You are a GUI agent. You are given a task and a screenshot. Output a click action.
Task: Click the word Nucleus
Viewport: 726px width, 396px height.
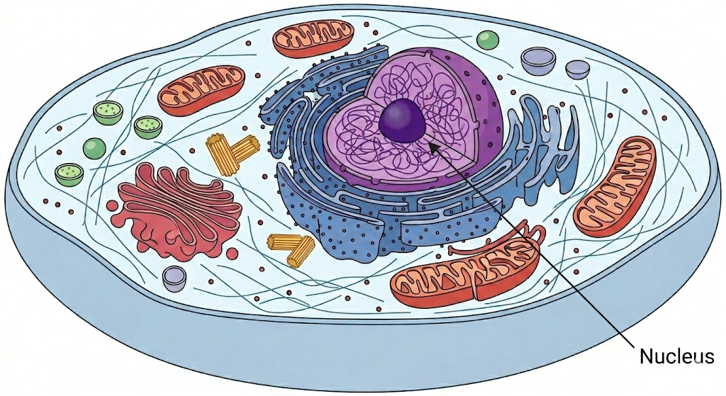click(x=676, y=356)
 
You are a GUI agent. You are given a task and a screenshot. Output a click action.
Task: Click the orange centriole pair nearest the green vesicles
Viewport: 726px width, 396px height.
click(x=233, y=153)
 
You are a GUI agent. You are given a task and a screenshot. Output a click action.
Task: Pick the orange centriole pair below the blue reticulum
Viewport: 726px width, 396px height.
click(x=291, y=249)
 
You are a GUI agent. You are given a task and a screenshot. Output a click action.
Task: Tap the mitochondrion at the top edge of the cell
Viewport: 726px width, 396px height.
click(x=313, y=38)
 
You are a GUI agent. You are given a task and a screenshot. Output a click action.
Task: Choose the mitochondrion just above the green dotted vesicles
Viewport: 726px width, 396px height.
click(x=201, y=91)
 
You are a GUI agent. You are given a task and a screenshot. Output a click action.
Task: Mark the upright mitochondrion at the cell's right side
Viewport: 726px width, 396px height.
click(x=615, y=186)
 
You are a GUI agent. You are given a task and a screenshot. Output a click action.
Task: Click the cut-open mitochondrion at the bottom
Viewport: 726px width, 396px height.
click(x=465, y=276)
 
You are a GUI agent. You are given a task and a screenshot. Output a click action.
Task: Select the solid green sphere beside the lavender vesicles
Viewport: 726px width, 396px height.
click(x=488, y=40)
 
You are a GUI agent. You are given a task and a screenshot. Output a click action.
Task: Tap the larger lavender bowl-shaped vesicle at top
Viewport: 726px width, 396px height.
click(x=538, y=60)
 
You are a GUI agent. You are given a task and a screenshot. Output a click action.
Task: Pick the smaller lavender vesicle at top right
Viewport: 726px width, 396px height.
click(x=577, y=69)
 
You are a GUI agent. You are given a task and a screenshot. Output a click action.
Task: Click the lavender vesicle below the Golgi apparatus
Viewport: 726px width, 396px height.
click(x=174, y=278)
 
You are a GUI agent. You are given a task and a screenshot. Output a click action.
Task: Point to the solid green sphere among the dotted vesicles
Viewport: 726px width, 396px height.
click(x=94, y=149)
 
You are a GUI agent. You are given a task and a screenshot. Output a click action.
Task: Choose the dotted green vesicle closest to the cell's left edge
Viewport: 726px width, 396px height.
click(x=69, y=175)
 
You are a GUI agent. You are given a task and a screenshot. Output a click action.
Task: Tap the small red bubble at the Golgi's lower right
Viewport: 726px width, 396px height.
click(x=232, y=253)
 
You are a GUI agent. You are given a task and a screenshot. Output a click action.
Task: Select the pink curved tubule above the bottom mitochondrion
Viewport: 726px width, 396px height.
click(x=500, y=241)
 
